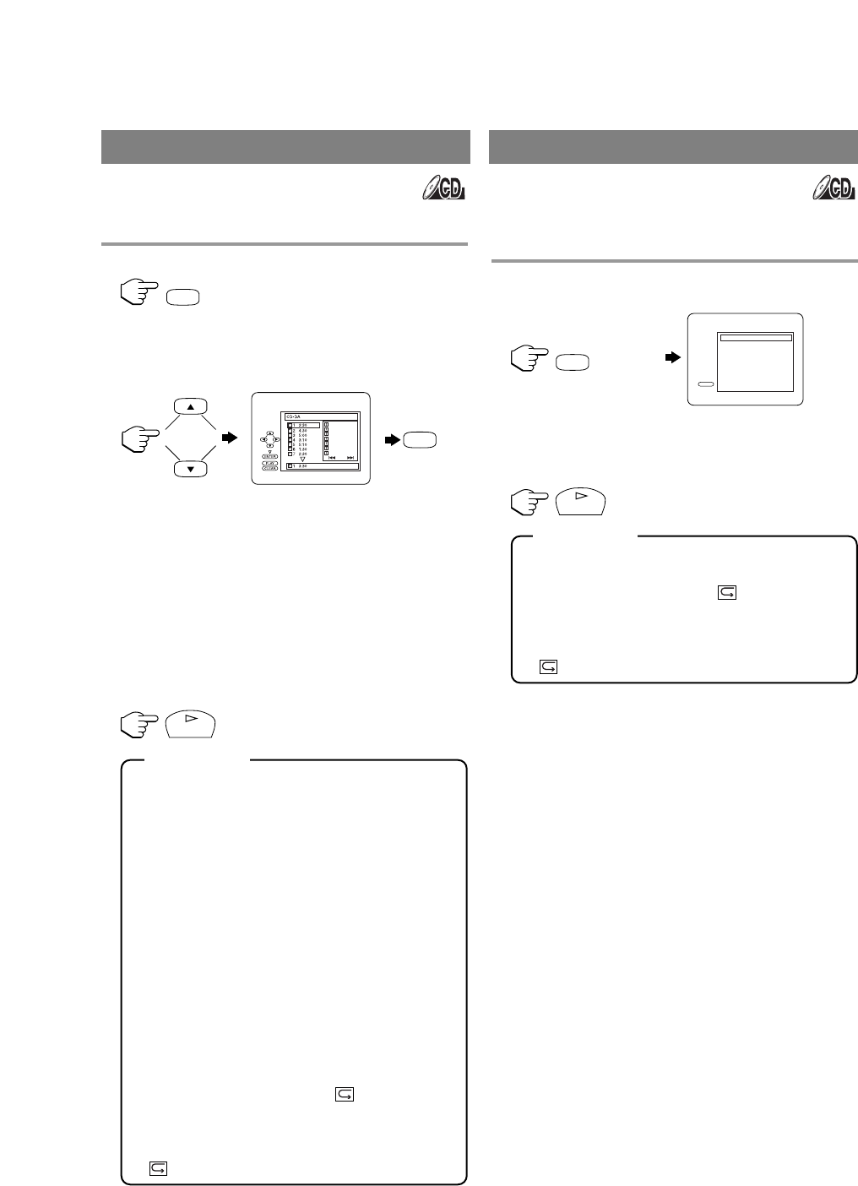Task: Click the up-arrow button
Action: (191, 406)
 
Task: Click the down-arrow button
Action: (191, 469)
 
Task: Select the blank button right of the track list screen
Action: (421, 439)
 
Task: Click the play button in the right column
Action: (581, 501)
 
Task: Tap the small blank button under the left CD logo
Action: (183, 296)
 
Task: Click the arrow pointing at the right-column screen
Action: (673, 358)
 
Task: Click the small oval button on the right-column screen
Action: (706, 383)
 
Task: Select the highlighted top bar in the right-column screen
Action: (755, 337)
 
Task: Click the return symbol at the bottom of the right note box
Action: (548, 666)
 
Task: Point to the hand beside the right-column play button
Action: (529, 501)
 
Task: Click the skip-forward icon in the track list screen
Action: (350, 458)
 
